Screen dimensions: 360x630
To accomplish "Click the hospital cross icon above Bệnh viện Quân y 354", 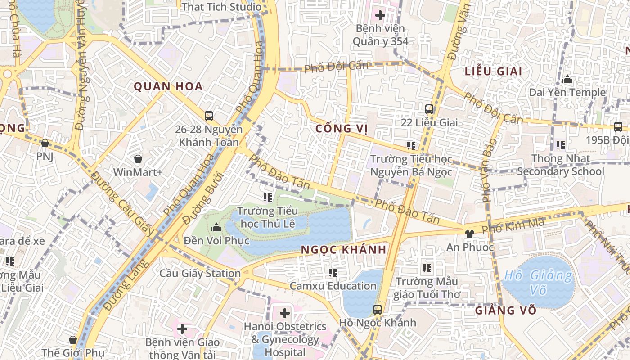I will pyautogui.click(x=380, y=15).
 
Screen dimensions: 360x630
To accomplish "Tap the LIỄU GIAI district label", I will pyautogui.click(x=493, y=72).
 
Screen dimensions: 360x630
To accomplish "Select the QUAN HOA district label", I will pyautogui.click(x=168, y=86).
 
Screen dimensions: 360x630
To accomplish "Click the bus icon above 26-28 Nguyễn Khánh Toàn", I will pyautogui.click(x=209, y=116).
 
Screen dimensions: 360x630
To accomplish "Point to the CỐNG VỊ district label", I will pyautogui.click(x=342, y=129).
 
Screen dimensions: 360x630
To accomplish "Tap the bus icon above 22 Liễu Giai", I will pyautogui.click(x=429, y=109).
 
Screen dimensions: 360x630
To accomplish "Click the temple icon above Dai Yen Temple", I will pyautogui.click(x=567, y=80).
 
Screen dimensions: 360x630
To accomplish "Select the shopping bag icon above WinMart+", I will pyautogui.click(x=138, y=159).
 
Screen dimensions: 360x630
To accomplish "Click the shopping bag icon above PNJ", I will pyautogui.click(x=45, y=144).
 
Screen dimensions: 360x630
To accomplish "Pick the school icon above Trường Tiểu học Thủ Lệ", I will pyautogui.click(x=268, y=197).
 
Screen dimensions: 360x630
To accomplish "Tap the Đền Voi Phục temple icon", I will pyautogui.click(x=216, y=227).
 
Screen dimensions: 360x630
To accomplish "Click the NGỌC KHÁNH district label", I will pyautogui.click(x=343, y=250).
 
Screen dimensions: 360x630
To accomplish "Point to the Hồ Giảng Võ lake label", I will pyautogui.click(x=538, y=282).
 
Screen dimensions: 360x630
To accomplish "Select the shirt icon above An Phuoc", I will pyautogui.click(x=470, y=234).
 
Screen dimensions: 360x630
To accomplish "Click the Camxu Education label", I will pyautogui.click(x=333, y=286).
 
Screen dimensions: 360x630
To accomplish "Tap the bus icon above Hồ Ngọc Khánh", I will pyautogui.click(x=378, y=310).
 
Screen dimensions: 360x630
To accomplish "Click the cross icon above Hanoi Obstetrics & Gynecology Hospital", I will pyautogui.click(x=285, y=313).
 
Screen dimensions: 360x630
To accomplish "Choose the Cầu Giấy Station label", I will pyautogui.click(x=200, y=273).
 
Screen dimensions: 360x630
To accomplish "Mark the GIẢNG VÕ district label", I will pyautogui.click(x=499, y=310).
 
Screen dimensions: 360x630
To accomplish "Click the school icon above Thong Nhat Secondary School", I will pyautogui.click(x=561, y=145).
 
